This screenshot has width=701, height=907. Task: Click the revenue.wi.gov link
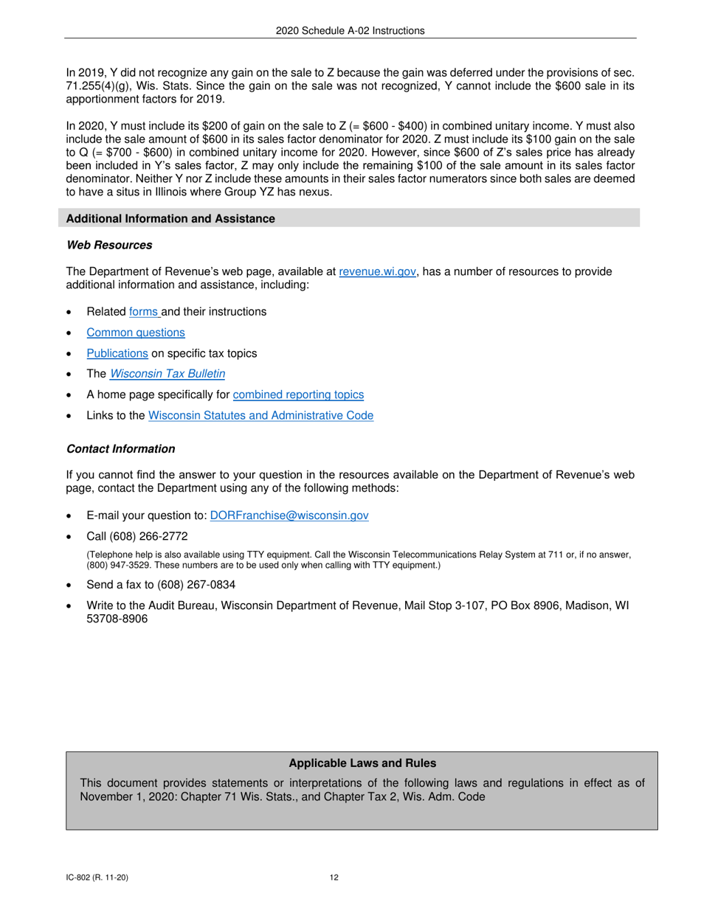click(x=377, y=271)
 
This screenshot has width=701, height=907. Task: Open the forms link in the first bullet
click(x=144, y=311)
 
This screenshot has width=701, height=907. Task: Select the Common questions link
click(x=136, y=333)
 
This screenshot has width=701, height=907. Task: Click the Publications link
click(x=117, y=353)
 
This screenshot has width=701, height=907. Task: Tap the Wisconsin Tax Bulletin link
click(x=168, y=374)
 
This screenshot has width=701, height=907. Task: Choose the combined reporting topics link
click(x=298, y=395)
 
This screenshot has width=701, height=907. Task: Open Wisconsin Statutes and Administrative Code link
click(x=260, y=415)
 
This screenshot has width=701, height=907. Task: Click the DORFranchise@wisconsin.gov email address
click(x=289, y=515)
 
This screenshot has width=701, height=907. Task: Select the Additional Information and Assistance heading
click(x=170, y=218)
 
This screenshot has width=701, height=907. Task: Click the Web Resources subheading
click(x=109, y=245)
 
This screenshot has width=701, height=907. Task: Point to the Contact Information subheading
click(x=121, y=449)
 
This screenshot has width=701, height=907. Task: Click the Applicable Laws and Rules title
click(x=362, y=763)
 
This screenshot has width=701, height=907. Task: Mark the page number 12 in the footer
click(x=334, y=878)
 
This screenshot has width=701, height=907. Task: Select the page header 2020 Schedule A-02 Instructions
click(x=350, y=30)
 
